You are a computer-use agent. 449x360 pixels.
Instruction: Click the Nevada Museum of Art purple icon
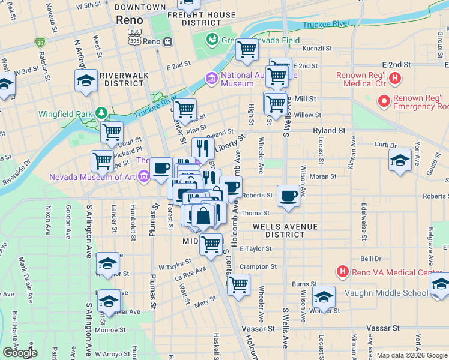143,177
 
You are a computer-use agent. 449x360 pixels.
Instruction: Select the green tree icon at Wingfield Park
102,113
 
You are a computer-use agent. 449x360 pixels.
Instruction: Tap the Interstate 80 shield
40,42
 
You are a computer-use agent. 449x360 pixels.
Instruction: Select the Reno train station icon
167,41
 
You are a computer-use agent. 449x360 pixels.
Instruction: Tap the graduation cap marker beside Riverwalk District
86,81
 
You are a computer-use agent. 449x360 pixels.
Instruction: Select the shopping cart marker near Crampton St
238,284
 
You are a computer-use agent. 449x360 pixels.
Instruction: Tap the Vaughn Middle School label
387,293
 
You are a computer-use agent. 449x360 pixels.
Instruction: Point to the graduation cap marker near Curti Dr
400,161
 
